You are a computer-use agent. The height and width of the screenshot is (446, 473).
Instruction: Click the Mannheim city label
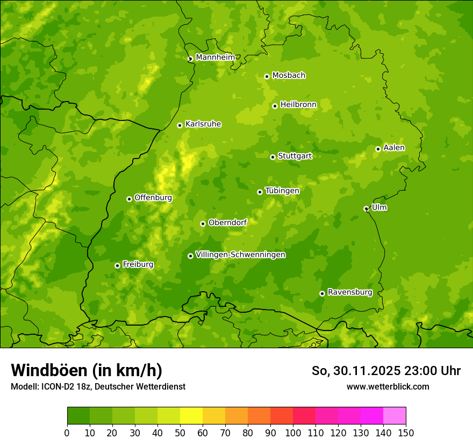click(x=215, y=57)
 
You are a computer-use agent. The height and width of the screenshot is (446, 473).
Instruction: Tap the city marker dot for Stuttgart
click(x=273, y=157)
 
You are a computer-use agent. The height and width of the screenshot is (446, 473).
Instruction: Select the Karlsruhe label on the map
click(x=203, y=124)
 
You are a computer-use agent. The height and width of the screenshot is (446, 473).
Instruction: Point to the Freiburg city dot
click(x=117, y=265)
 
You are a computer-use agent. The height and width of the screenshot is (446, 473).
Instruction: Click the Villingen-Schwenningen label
click(x=240, y=255)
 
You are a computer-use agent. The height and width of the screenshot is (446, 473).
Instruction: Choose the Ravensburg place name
click(x=350, y=292)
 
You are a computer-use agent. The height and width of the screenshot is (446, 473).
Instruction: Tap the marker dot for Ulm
click(x=366, y=208)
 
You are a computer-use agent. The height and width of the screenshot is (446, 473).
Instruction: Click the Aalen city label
click(x=394, y=148)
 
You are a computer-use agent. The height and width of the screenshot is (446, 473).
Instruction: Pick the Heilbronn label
click(x=298, y=105)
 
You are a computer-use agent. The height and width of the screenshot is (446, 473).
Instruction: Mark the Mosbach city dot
click(x=267, y=76)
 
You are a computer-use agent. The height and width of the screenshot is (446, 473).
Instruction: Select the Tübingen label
click(x=282, y=191)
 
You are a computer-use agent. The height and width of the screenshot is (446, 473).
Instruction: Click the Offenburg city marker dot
click(x=129, y=199)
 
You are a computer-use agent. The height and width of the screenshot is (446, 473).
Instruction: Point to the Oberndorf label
click(x=227, y=222)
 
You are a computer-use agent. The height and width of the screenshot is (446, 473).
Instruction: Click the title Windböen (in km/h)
click(x=87, y=370)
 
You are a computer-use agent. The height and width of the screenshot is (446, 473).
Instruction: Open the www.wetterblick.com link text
click(x=388, y=386)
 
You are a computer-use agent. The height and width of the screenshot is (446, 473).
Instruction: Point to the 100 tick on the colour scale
click(x=293, y=433)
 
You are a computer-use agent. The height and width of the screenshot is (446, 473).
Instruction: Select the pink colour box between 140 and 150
click(x=395, y=416)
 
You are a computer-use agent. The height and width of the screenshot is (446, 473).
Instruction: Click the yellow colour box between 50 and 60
click(x=191, y=416)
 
